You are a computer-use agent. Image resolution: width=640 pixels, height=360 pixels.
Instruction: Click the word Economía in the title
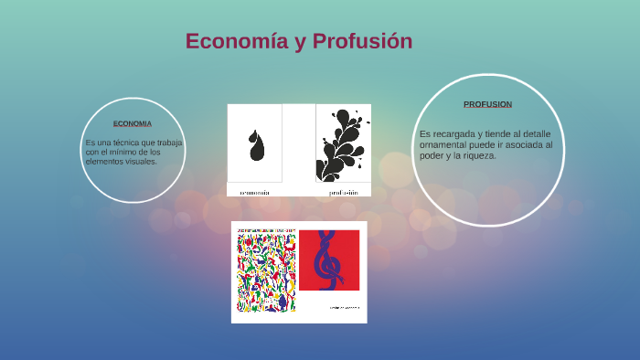[235, 41]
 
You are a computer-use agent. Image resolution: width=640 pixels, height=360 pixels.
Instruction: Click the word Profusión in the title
[363, 41]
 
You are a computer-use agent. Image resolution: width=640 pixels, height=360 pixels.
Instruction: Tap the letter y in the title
[300, 42]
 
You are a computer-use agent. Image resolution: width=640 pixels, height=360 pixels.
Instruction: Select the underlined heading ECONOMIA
[133, 123]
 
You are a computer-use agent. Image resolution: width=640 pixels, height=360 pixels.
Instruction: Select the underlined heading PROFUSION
[487, 104]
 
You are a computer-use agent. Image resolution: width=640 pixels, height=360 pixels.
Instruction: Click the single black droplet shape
[256, 143]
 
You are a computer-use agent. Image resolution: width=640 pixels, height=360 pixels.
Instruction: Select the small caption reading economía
[255, 193]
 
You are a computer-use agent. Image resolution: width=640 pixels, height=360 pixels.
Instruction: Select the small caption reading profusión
[344, 193]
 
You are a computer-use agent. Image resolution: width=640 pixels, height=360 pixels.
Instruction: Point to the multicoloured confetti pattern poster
[265, 270]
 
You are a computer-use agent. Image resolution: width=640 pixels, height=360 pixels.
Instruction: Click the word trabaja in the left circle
[169, 143]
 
